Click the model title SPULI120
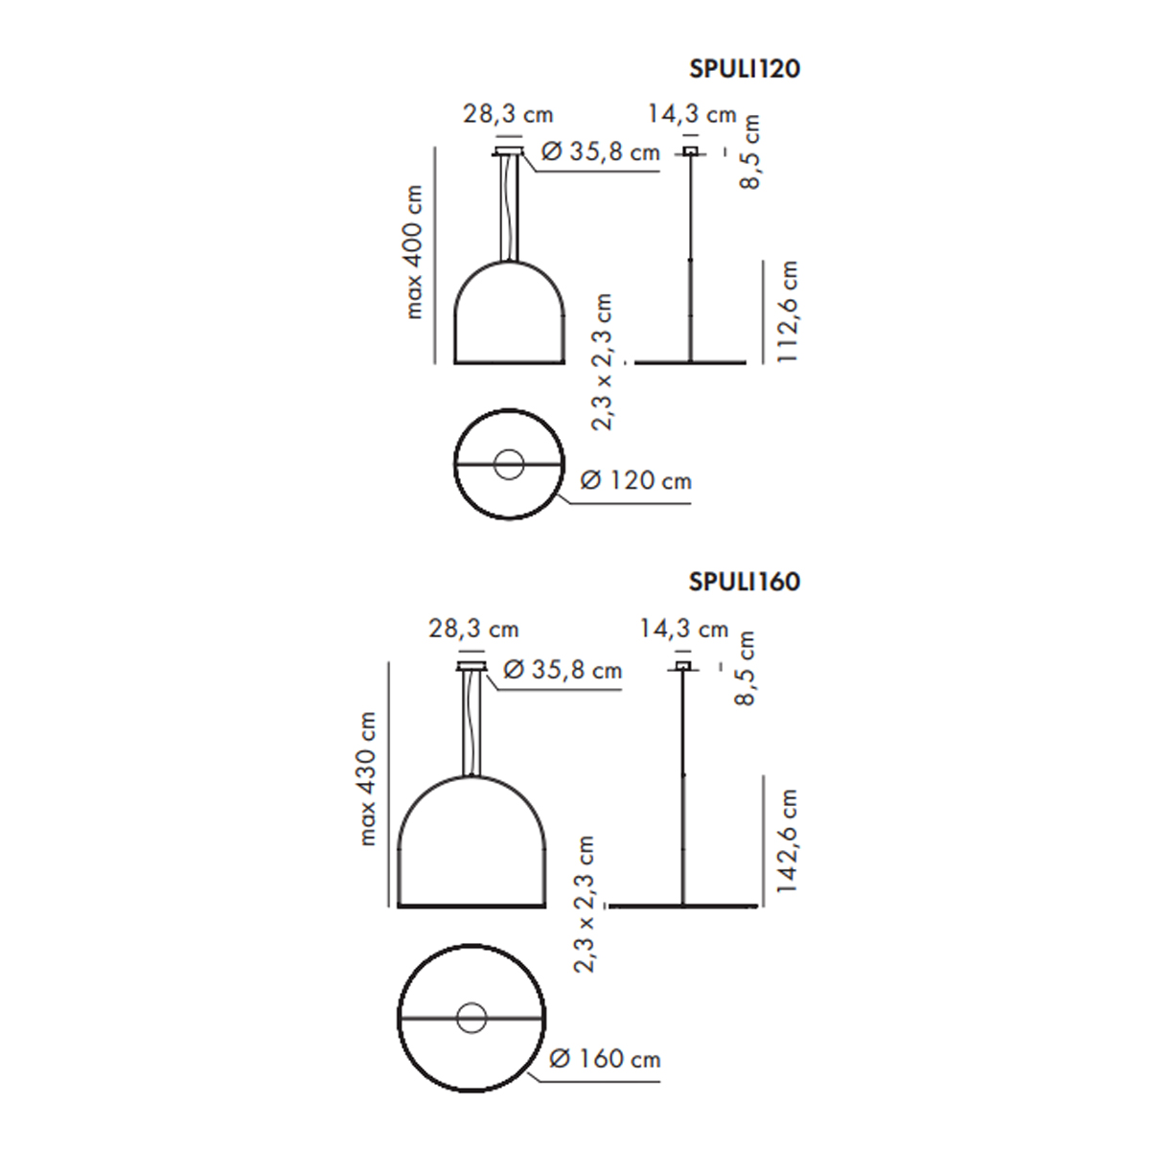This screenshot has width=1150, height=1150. [745, 69]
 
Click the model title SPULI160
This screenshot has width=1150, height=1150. [745, 582]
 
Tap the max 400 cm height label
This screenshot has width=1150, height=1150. [413, 252]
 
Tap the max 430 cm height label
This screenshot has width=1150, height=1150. [367, 779]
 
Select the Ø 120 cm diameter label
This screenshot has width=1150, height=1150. [635, 480]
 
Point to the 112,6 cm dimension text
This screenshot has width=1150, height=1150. [788, 310]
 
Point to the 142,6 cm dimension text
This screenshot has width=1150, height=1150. [787, 840]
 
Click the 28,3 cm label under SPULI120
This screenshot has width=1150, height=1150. [509, 114]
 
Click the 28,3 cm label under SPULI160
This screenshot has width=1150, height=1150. [473, 629]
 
